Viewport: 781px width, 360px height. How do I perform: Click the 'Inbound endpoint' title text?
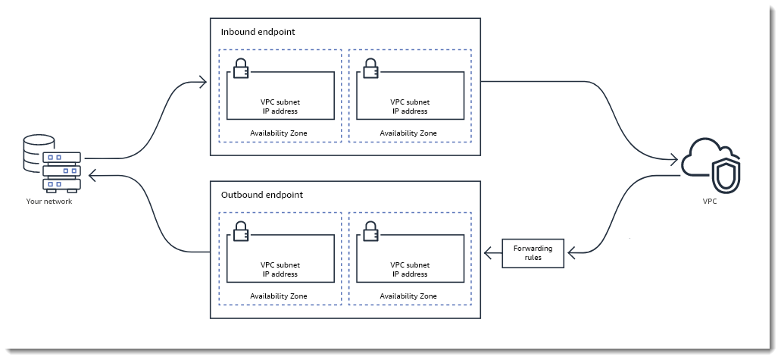(x=258, y=33)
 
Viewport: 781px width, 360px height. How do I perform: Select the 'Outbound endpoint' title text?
(x=261, y=195)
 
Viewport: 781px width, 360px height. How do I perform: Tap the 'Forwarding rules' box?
(x=533, y=253)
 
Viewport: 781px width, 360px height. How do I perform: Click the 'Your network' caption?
(x=49, y=202)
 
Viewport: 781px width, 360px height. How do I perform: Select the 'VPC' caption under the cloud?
(x=711, y=203)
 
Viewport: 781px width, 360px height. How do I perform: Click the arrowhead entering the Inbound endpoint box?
(x=203, y=82)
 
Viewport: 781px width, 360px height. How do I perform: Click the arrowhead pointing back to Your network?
(x=92, y=176)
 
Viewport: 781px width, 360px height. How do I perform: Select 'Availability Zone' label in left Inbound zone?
(x=279, y=133)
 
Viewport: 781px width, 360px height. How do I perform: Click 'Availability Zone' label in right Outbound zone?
(x=408, y=296)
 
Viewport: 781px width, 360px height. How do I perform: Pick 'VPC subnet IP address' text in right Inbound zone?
(x=409, y=106)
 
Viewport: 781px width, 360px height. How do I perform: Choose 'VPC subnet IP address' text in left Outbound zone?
(x=280, y=270)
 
